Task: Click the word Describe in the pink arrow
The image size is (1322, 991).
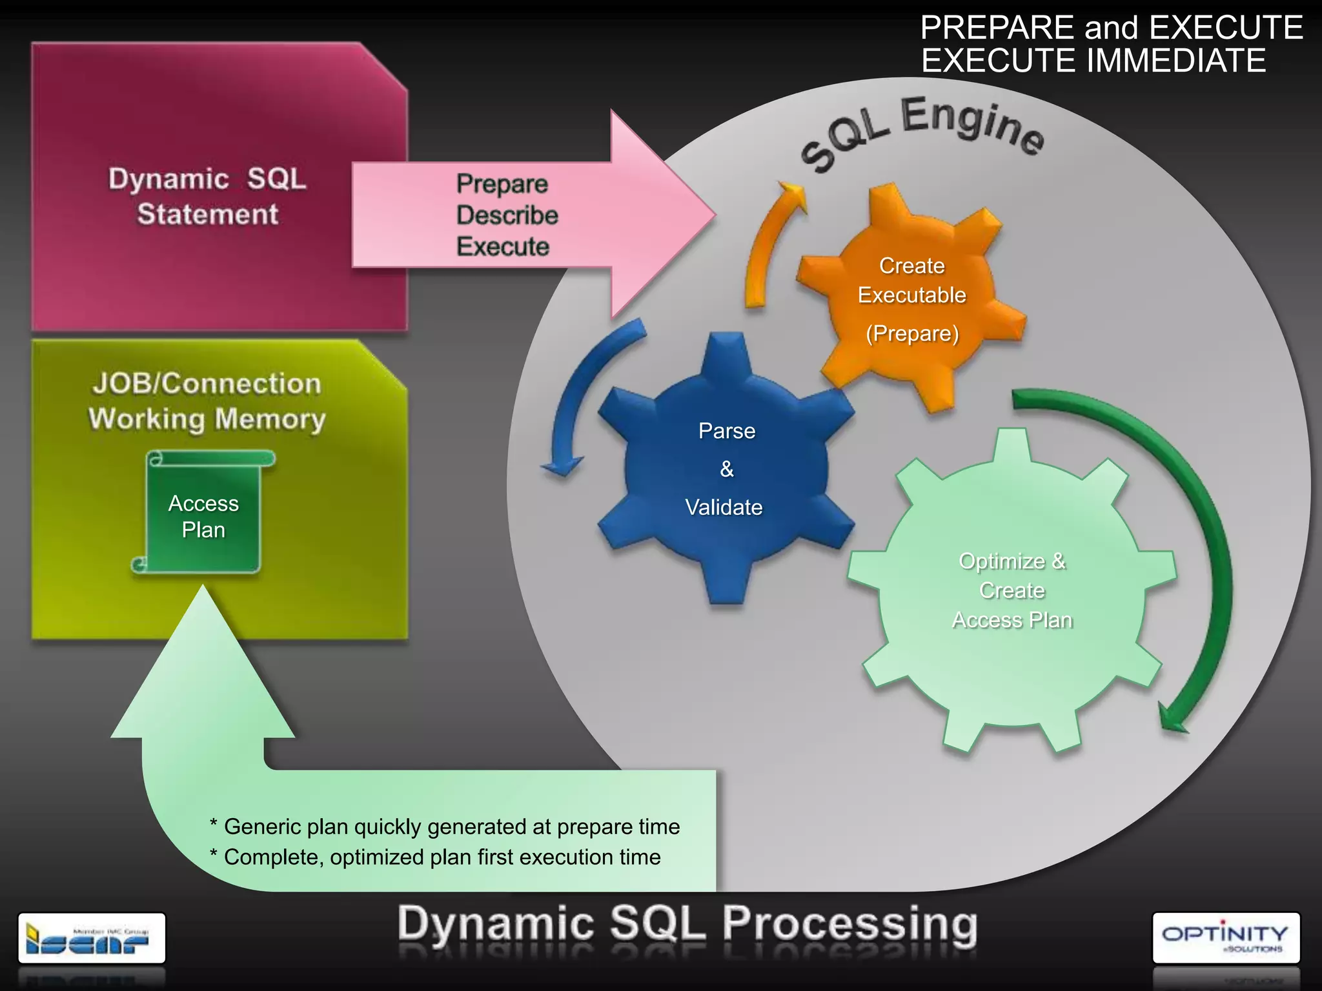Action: (507, 215)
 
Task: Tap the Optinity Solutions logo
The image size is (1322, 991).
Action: (1225, 937)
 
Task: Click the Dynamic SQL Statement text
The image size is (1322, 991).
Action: (207, 196)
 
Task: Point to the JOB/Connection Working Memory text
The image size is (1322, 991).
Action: (207, 401)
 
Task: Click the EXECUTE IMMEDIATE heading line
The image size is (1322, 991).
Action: (1093, 61)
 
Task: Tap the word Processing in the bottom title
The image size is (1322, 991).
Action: (849, 924)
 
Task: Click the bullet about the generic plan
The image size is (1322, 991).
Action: (445, 826)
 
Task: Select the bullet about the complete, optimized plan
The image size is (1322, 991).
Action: (436, 857)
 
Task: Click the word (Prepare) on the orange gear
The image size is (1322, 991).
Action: (912, 334)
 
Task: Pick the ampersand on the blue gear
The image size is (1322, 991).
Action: (727, 469)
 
